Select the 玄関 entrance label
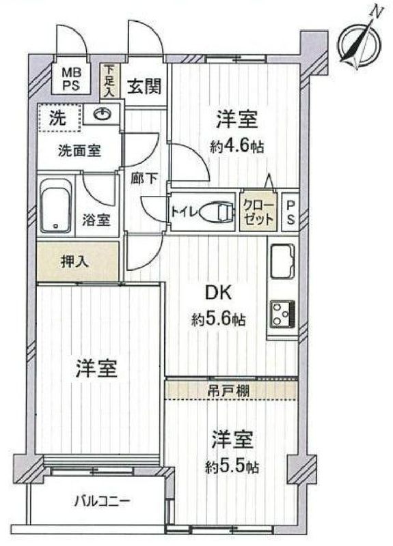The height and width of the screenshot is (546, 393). pyautogui.click(x=145, y=87)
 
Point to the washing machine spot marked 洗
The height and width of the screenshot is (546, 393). pyautogui.click(x=59, y=117)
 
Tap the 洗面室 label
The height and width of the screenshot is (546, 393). pyautogui.click(x=79, y=150)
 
